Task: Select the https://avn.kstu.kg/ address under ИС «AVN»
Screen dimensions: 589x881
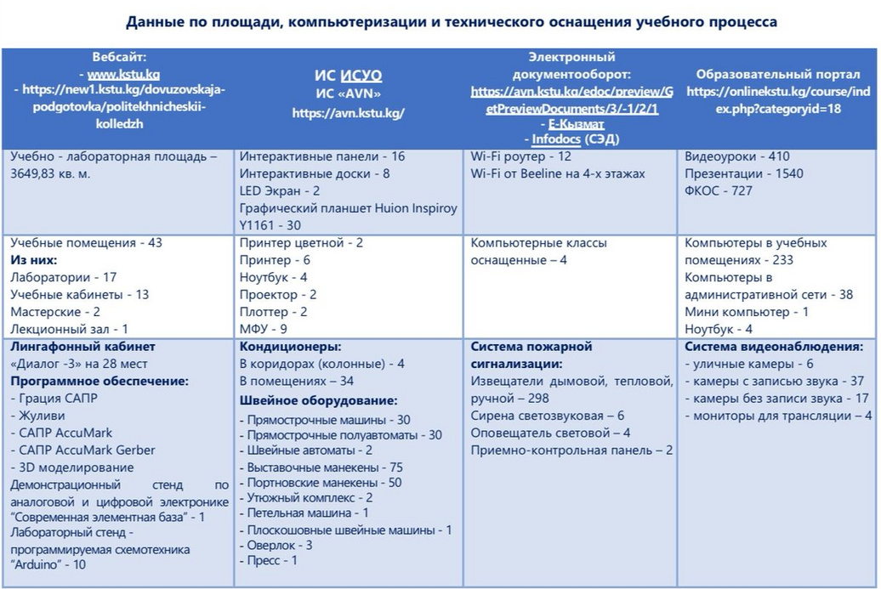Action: (349, 112)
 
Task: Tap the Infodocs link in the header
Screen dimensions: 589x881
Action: (555, 139)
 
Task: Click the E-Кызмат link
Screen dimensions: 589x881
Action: (577, 124)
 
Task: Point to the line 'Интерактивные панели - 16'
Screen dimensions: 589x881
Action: (322, 156)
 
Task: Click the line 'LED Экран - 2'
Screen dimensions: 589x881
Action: (280, 190)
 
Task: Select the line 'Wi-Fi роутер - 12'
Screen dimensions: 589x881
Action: (520, 156)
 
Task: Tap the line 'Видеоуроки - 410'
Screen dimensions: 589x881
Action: (737, 156)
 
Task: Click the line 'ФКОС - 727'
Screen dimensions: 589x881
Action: (719, 190)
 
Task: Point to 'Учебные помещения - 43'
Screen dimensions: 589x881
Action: (86, 243)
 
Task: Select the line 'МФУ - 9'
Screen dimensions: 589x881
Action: (264, 328)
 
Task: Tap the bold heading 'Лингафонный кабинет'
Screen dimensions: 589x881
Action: (82, 347)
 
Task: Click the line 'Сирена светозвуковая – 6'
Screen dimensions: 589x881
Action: (548, 416)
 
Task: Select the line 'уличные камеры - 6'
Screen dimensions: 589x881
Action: (753, 364)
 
